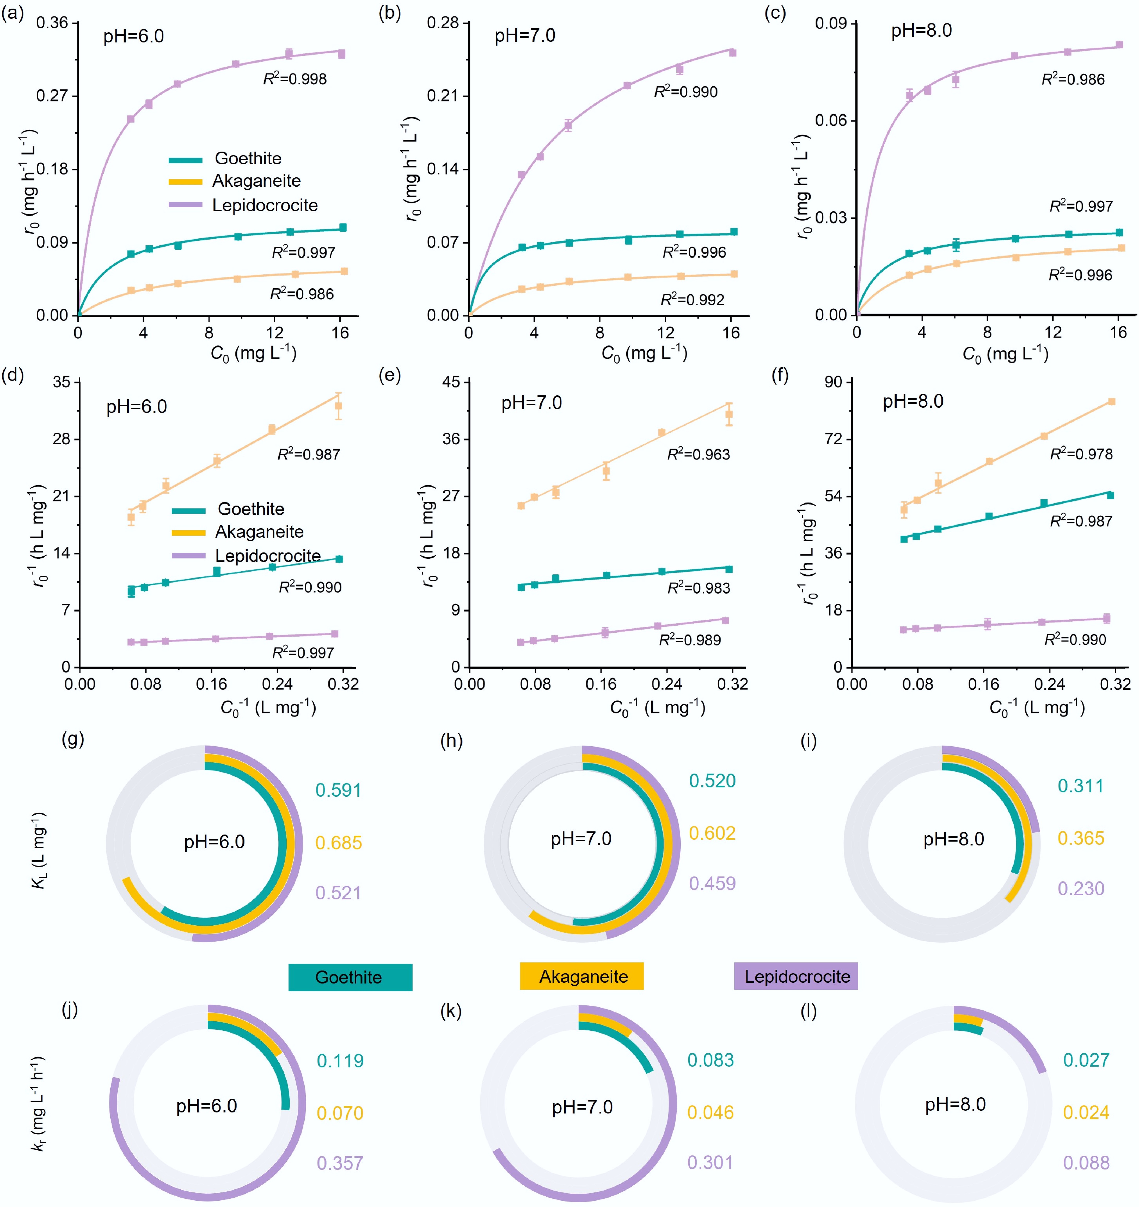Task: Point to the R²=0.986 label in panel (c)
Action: click(1073, 79)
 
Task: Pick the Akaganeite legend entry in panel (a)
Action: click(256, 181)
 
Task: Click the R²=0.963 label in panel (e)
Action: click(699, 454)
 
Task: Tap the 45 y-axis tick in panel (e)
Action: click(451, 383)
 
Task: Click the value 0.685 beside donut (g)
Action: click(338, 843)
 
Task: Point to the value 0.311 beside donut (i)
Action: click(1080, 786)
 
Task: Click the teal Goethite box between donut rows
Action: click(350, 977)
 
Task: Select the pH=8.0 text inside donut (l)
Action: click(955, 1104)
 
